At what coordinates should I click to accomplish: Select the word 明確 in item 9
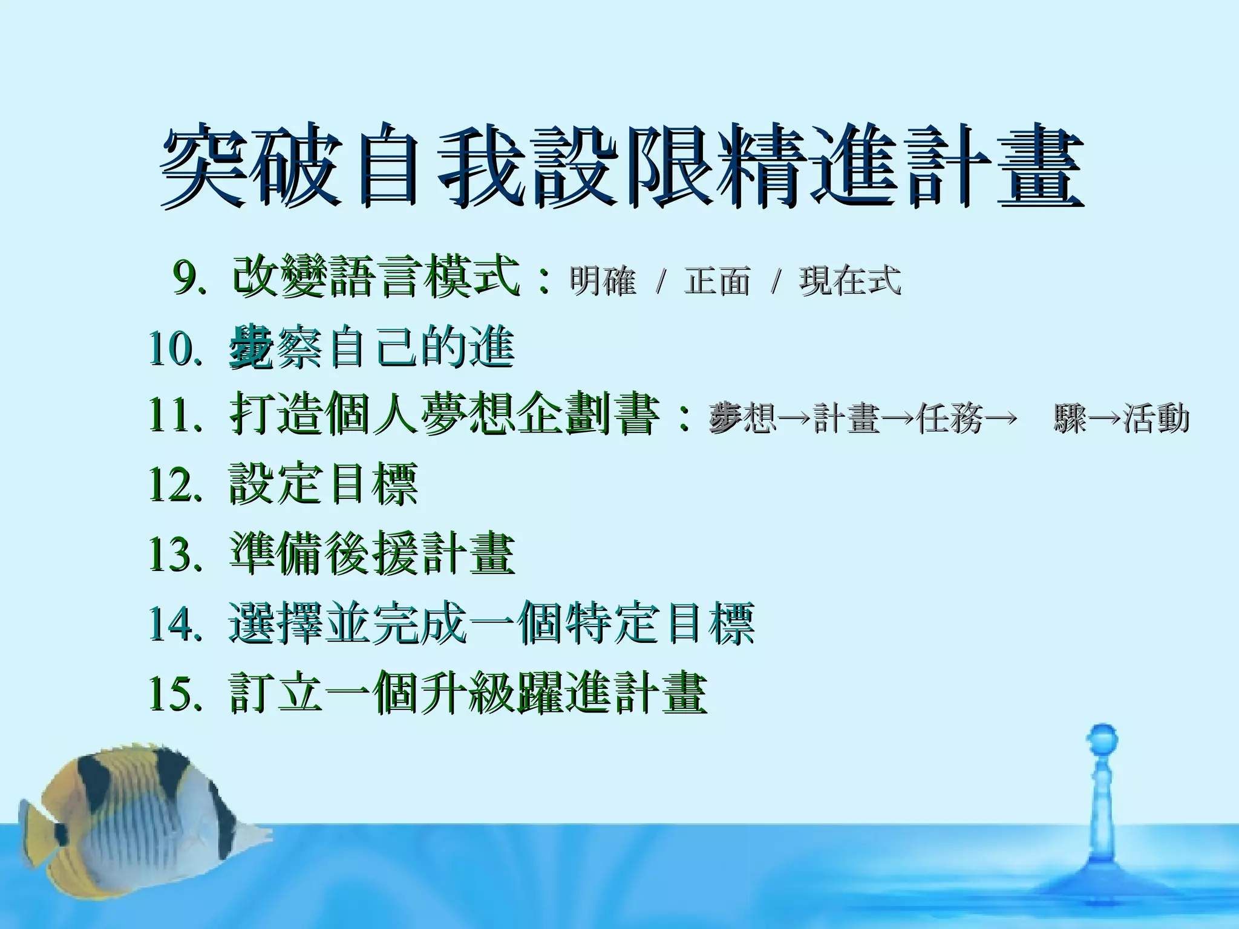tap(603, 281)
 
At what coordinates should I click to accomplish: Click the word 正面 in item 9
tap(718, 281)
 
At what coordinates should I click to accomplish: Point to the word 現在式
tap(850, 281)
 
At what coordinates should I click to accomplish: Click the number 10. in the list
tap(174, 348)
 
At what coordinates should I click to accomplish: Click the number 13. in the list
tap(174, 553)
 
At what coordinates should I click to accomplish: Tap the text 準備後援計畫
tap(371, 553)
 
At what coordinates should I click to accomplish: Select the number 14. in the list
tap(174, 623)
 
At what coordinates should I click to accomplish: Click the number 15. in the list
tap(174, 693)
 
